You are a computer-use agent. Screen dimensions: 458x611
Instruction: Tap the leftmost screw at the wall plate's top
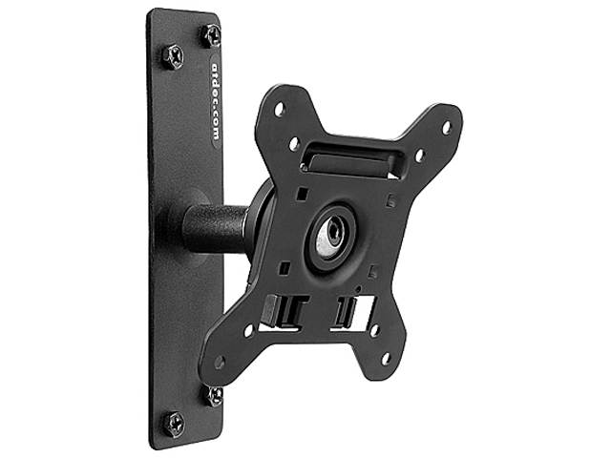pos(173,56)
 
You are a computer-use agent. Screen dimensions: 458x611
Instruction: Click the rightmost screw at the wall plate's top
pos(210,36)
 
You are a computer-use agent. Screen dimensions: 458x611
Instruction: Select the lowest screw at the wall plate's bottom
pos(175,422)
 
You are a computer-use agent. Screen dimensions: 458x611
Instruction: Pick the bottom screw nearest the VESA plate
pos(214,395)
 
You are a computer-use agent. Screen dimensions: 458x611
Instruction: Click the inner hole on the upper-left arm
pos(294,143)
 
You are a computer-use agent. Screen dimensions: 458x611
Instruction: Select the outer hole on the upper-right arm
pos(445,126)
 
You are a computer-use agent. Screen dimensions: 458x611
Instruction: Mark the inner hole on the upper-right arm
pos(418,155)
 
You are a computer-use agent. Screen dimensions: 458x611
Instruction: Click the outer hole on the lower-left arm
pos(221,362)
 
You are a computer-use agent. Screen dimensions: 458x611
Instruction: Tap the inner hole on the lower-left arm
pos(249,330)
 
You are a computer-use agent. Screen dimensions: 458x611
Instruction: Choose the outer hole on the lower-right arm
pos(386,359)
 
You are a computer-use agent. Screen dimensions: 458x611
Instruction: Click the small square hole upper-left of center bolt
pos(302,195)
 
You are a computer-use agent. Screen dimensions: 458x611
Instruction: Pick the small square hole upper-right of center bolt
pos(389,201)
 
